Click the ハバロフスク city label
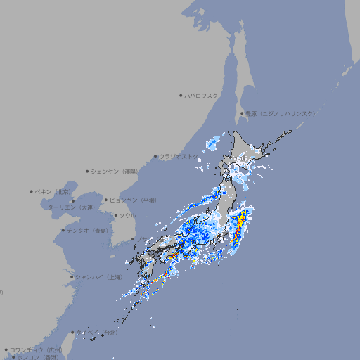[202, 95]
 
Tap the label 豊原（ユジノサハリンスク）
[281, 113]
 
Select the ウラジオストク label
[179, 157]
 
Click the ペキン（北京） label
[53, 191]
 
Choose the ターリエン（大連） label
[71, 207]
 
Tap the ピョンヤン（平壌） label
[133, 200]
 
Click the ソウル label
[127, 215]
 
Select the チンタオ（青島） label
[88, 230]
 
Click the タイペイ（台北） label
[98, 333]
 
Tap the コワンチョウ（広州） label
[36, 349]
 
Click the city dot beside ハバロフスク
[181, 95]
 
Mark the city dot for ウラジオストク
[155, 157]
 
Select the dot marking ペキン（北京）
[32, 191]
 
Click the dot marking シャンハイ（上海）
[72, 276]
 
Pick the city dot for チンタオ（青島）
[63, 230]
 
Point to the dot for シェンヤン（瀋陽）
[88, 171]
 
